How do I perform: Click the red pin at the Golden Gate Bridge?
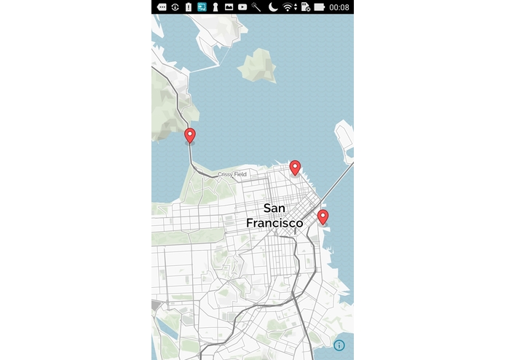coord(190,136)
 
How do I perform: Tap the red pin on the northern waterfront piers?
coord(295,168)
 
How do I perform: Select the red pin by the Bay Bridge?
coord(323,216)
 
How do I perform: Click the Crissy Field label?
coord(232,175)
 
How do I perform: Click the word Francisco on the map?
coord(274,223)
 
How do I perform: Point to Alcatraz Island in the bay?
coord(257,66)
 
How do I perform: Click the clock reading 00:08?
coord(339,7)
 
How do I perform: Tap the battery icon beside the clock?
coord(320,7)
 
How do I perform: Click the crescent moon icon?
coord(272,7)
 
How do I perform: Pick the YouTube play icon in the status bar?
coord(242,7)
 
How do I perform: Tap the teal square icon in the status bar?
coord(202,7)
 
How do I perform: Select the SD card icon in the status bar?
coord(304,7)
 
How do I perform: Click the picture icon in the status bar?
coord(229,7)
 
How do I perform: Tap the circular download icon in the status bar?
coord(175,7)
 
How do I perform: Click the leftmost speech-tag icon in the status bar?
coord(162,7)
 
